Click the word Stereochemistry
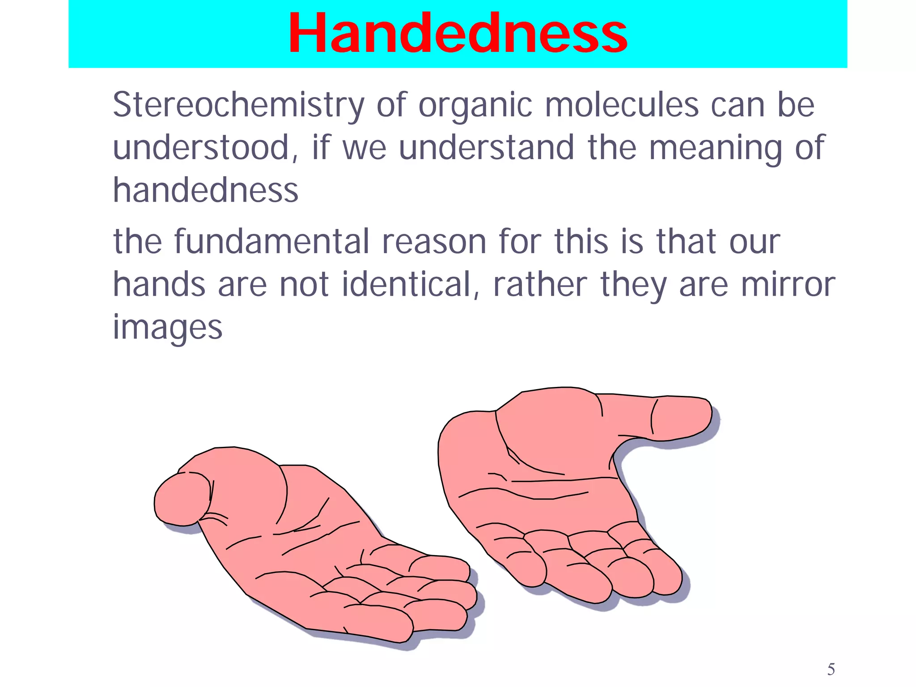click(x=238, y=106)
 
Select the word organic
click(x=475, y=106)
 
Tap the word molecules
click(x=622, y=106)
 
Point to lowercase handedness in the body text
click(x=205, y=190)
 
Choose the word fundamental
click(x=271, y=242)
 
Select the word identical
click(x=407, y=284)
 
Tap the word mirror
click(x=788, y=284)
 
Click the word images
click(x=167, y=327)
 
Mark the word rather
click(x=539, y=284)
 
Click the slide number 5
click(x=831, y=670)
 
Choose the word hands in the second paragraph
click(x=158, y=284)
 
